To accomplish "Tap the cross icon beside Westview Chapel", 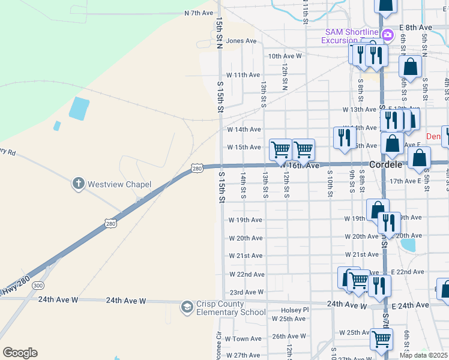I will pos(78,184).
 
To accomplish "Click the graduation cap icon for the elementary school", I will pos(187,307).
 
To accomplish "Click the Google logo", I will pos(20,353).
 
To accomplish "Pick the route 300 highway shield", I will pos(38,285).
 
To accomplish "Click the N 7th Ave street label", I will pos(199,13).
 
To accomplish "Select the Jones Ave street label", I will pos(241,41).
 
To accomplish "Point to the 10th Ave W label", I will pos(285,56).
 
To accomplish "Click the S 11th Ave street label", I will pos(243,75).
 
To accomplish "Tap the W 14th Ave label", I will pos(244,129).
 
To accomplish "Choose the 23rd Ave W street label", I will pos(247,292).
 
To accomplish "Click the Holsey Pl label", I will pos(294,310).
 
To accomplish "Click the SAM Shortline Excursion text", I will pos(352,36).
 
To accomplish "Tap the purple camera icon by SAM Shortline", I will pos(387,35).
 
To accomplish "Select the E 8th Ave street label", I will pos(419,28).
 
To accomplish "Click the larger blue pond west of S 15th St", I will pos(79,108).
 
